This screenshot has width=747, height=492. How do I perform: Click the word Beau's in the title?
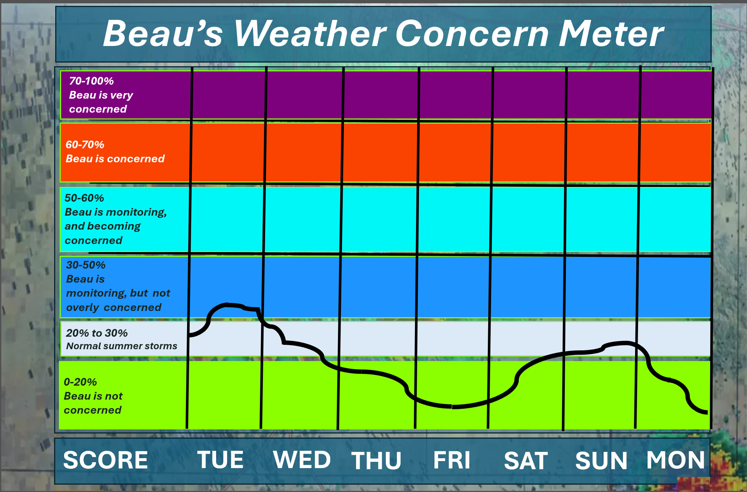[x=163, y=33]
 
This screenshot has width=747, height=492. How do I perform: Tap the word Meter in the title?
[x=611, y=33]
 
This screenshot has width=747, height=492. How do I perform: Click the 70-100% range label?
[x=91, y=81]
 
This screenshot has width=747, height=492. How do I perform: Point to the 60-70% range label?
[x=85, y=145]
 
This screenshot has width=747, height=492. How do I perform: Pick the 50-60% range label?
[x=84, y=198]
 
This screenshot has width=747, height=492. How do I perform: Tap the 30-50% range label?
[x=86, y=265]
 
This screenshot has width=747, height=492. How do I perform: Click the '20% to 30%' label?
[x=97, y=333]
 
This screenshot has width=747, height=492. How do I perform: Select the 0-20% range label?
[x=80, y=382]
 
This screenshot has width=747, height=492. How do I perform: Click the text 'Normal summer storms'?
[x=121, y=346]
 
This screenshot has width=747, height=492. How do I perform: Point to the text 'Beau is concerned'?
[x=115, y=159]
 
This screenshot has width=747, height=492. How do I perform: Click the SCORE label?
[x=105, y=460]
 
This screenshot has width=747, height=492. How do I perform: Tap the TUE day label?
[x=221, y=460]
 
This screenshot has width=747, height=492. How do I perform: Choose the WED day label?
[x=302, y=460]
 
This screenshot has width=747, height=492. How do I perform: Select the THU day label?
[x=376, y=460]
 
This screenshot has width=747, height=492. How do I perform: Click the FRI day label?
[x=452, y=460]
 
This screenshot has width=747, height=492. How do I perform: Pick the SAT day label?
[x=526, y=460]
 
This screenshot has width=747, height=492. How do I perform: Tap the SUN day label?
[x=601, y=460]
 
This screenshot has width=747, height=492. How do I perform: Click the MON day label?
[x=676, y=460]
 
